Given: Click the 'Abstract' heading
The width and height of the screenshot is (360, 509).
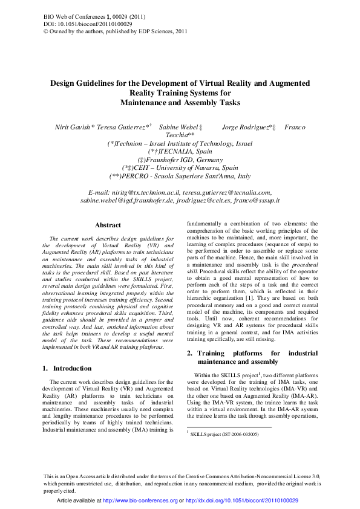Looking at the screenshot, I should pos(108,225).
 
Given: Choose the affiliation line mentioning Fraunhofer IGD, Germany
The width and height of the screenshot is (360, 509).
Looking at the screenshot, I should pos(180,159).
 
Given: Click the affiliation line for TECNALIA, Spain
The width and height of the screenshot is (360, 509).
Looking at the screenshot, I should pos(180,151).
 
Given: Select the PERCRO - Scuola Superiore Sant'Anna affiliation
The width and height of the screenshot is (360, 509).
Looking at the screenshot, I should pos(180,175).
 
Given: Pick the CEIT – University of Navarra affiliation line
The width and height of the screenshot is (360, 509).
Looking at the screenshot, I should pos(180,167).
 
